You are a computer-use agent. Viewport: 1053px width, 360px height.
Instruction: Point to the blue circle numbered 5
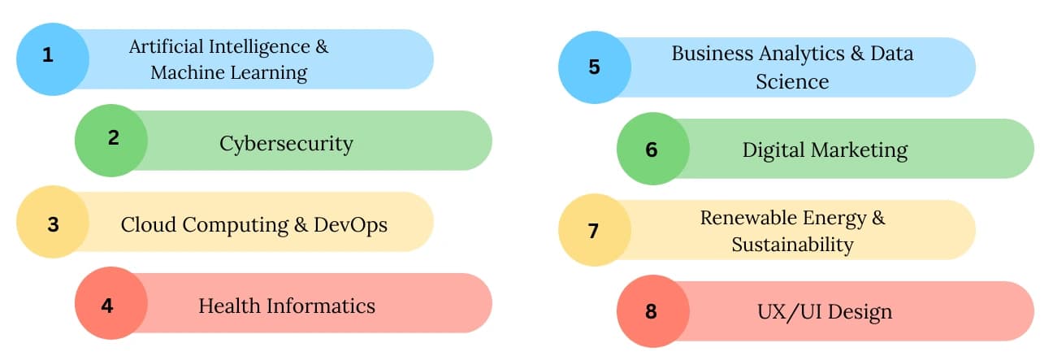594,67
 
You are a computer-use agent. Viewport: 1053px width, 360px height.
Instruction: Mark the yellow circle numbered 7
594,230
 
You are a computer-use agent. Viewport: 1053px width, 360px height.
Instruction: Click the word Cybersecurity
286,145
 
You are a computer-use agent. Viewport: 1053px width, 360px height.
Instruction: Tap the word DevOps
350,224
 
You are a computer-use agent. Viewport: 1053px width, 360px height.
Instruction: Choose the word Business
711,54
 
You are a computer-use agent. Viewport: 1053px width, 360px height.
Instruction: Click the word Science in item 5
792,81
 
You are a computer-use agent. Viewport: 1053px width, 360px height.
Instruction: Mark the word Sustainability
792,245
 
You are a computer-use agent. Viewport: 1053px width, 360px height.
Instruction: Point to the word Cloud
149,224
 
